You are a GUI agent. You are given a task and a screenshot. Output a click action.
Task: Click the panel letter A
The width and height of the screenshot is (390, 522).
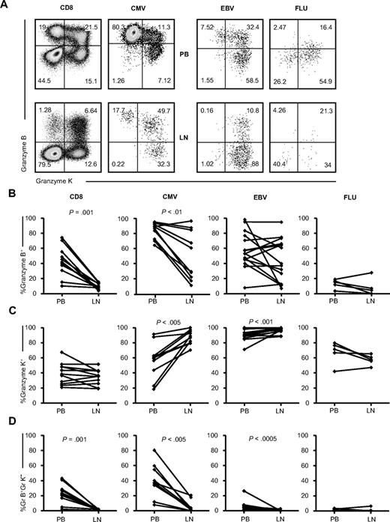tap(5, 5)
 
